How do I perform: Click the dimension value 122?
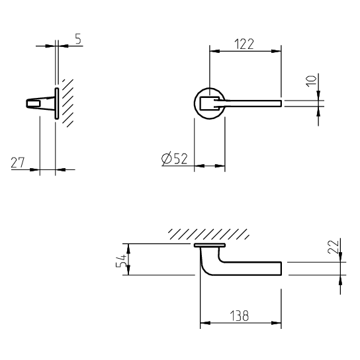[x=244, y=44]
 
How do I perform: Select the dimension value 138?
[x=240, y=316]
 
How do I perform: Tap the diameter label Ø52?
[x=175, y=158]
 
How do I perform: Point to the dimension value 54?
[x=121, y=261]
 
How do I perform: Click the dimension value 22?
[x=333, y=247]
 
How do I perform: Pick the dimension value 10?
[x=311, y=81]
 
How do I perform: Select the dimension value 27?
[x=18, y=163]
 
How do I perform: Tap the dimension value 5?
[x=78, y=38]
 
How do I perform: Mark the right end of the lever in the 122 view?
[x=281, y=103]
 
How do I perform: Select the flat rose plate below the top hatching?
[x=210, y=246]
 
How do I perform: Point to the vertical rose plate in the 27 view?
[x=56, y=103]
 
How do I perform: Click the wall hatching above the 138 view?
[x=208, y=234]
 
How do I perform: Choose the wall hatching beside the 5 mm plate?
[x=67, y=103]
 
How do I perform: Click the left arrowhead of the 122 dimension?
[x=214, y=51]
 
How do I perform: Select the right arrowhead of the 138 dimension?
[x=276, y=323]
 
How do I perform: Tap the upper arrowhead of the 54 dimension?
[x=128, y=249]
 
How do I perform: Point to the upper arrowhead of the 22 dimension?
[x=341, y=257]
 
